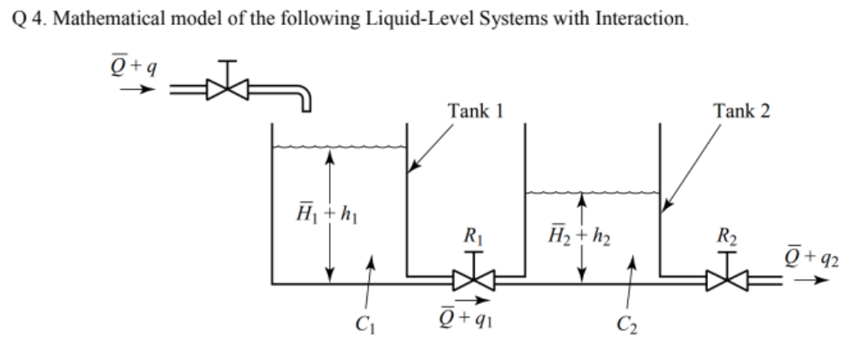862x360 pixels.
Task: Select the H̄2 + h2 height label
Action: click(x=583, y=242)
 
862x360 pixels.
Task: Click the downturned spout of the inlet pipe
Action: click(x=304, y=100)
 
